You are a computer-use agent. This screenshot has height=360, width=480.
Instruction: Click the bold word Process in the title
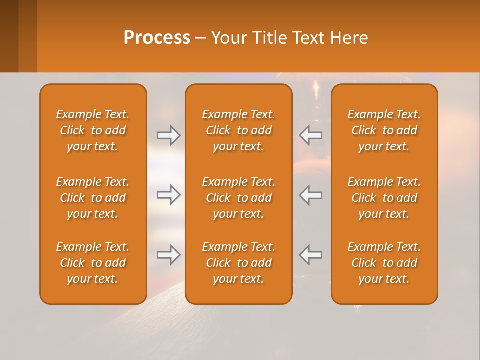[157, 38]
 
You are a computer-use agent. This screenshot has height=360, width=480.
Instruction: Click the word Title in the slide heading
[270, 38]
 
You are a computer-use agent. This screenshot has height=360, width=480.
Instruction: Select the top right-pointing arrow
[168, 135]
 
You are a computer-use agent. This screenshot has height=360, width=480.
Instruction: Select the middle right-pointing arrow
[168, 195]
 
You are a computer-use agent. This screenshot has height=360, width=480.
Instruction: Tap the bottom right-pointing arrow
[168, 255]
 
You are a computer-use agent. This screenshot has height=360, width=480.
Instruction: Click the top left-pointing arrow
[311, 135]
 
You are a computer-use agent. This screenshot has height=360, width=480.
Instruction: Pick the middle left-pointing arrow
[311, 195]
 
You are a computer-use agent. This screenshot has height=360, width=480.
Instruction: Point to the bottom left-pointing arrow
[311, 255]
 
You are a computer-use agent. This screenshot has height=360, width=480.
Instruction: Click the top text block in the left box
[93, 130]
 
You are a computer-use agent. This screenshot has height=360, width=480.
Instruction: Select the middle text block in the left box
[93, 198]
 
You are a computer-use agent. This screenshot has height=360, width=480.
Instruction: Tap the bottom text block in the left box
[93, 263]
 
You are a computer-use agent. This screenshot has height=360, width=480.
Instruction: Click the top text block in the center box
[239, 130]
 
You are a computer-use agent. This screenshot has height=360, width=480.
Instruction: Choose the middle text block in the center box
[239, 198]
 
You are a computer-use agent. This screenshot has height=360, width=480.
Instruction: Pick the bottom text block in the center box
[239, 263]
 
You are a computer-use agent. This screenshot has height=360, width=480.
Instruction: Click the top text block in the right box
[384, 130]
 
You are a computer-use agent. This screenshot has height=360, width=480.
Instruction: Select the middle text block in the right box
[384, 198]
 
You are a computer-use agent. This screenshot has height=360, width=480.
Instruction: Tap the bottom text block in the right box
[384, 263]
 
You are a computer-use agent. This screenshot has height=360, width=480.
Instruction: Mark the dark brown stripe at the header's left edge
[9, 36]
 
